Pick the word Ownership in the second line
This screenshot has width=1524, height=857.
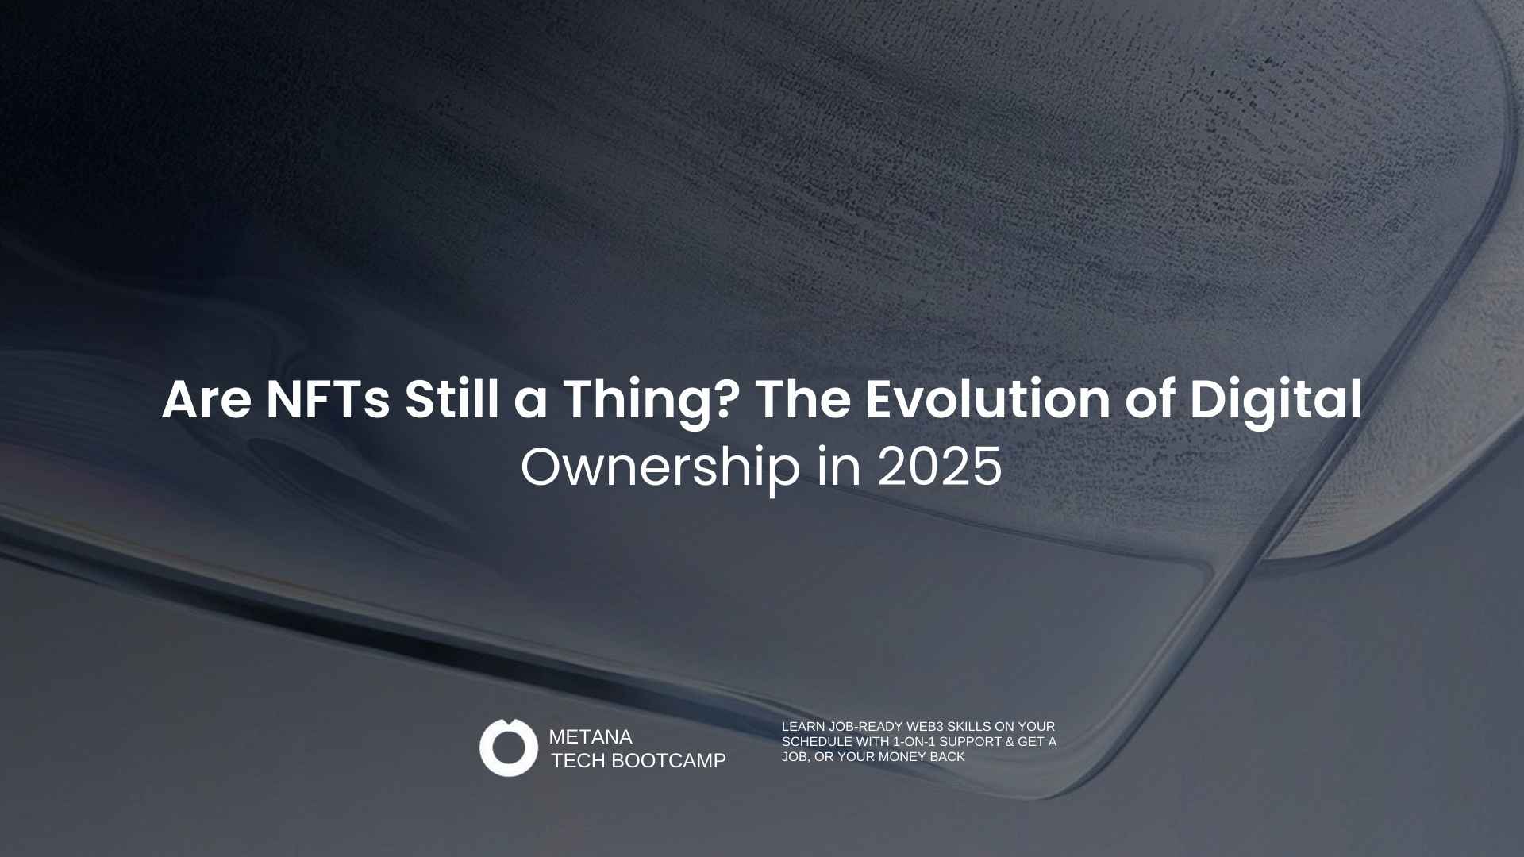pos(660,467)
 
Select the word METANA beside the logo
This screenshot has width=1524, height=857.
pos(591,737)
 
